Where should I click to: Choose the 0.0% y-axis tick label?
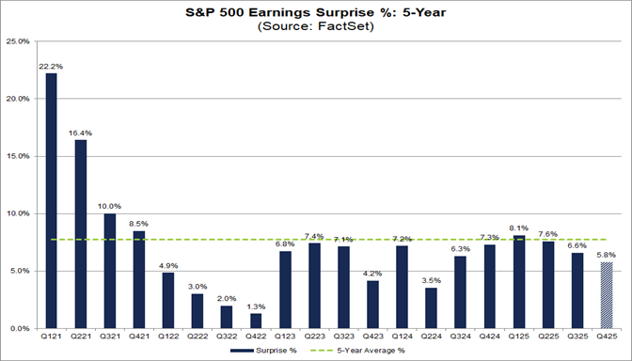[x=19, y=329]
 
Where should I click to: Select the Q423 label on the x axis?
[x=371, y=337]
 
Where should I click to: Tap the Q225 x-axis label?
[x=548, y=337]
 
